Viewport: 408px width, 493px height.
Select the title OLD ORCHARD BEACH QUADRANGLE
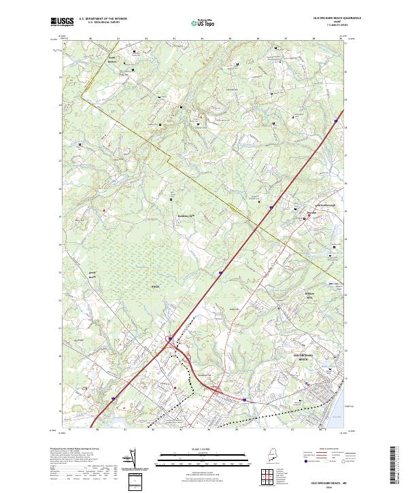337,18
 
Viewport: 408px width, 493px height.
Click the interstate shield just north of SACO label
220,274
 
